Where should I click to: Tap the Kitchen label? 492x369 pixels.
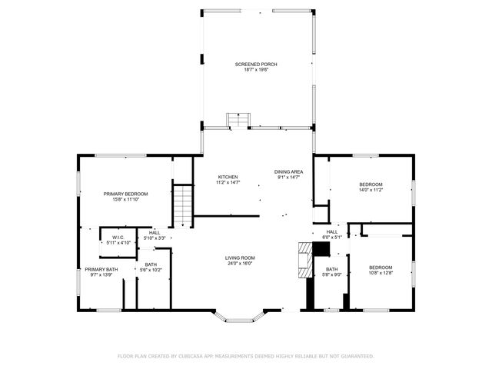click(228, 177)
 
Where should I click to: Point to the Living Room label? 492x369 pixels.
click(240, 258)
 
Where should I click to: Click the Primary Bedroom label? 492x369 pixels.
click(125, 194)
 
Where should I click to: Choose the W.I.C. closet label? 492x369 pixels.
click(118, 237)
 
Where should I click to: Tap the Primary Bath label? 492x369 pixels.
click(101, 269)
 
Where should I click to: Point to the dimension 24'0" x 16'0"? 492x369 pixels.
click(240, 264)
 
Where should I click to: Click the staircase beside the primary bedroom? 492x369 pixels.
click(182, 205)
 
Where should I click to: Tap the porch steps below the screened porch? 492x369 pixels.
click(234, 120)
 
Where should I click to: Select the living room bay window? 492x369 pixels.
click(239, 314)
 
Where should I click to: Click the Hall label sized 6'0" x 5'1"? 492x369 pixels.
click(331, 231)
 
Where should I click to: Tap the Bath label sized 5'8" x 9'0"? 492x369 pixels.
click(331, 269)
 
